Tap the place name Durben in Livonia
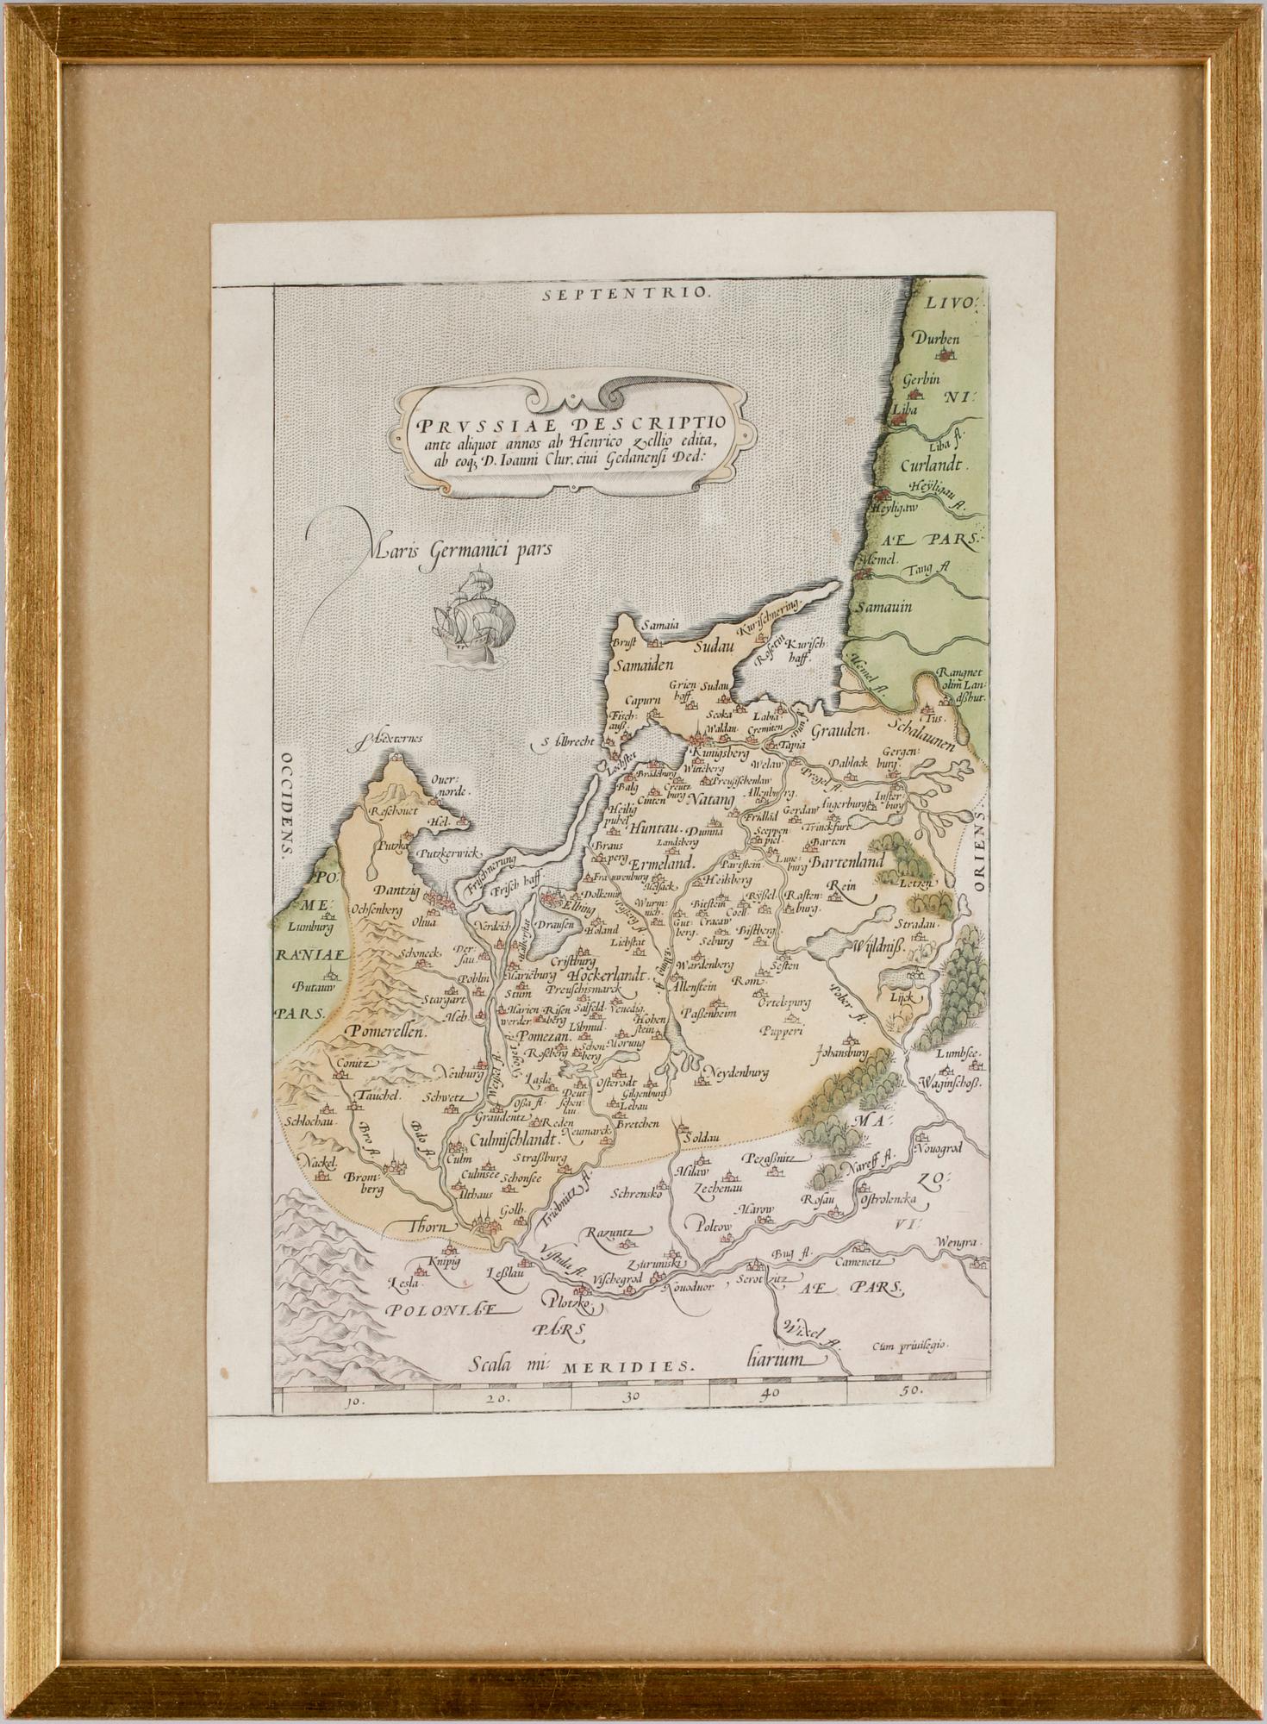[937, 338]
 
